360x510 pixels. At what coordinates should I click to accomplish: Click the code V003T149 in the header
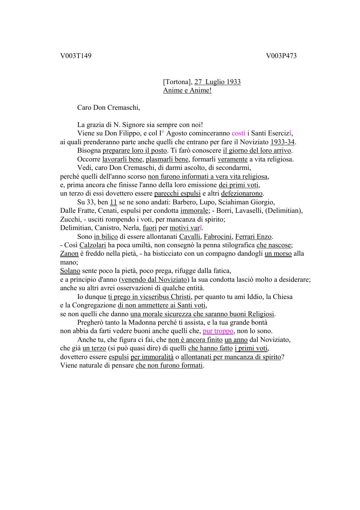(x=76, y=56)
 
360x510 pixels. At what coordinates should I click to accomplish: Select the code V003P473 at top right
(x=281, y=56)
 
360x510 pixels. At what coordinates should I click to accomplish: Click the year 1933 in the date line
(x=233, y=82)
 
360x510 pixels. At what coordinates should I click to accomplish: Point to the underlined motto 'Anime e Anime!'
(x=187, y=90)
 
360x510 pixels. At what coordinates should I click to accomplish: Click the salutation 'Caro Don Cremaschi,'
(x=109, y=108)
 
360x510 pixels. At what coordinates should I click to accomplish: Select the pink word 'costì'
(x=238, y=133)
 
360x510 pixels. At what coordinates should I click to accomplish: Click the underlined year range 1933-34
(x=282, y=142)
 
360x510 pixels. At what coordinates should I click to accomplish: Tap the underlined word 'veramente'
(x=232, y=159)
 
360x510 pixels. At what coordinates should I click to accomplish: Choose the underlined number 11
(x=113, y=202)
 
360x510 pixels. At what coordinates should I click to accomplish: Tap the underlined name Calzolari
(x=92, y=245)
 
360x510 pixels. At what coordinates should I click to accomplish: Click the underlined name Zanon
(x=69, y=254)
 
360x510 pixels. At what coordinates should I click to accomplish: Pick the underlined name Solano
(x=70, y=271)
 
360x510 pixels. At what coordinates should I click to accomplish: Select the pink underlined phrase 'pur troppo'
(x=218, y=331)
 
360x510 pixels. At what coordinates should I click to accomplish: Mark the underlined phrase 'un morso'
(x=278, y=254)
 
